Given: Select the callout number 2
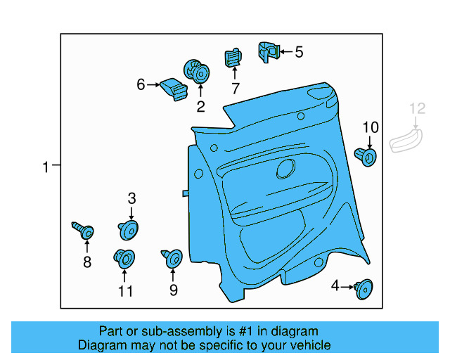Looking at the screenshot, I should coord(200,107).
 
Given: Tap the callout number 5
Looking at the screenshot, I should coord(299,51).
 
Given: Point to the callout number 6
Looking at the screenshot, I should coord(141,85).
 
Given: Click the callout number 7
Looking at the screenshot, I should coord(235,89).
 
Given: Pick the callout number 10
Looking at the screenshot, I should coord(371,127).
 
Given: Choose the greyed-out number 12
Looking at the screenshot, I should coord(418,108).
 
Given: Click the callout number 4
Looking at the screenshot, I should coord(335,285).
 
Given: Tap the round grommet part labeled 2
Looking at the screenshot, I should coord(195,71).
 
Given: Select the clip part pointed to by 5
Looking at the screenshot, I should coord(267,51).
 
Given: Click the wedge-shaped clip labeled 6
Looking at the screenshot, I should coord(174,88).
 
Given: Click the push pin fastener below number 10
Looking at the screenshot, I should coord(367,155).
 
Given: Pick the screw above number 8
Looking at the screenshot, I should coord(84,230).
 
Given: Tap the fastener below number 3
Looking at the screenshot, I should coord(129,229).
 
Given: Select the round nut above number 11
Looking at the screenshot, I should coord(124,259).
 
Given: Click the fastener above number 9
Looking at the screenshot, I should coord(172,258).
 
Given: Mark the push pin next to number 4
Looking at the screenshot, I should coord(364,287).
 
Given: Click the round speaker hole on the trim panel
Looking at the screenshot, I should coord(285,169).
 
